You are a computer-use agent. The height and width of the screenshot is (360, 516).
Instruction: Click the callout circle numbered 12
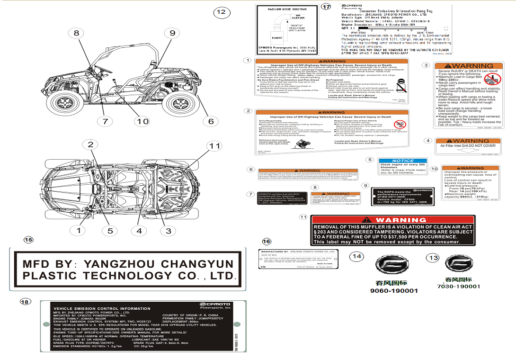point(221,12)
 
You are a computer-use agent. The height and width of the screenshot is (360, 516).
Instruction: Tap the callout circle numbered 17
point(326,7)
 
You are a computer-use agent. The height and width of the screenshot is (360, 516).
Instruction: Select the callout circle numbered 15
point(28,239)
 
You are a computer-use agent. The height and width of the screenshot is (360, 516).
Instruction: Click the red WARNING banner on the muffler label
point(392,220)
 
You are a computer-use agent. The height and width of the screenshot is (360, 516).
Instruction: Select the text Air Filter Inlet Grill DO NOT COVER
point(468,146)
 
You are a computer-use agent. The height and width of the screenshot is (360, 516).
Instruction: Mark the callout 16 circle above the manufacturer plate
point(267,242)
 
